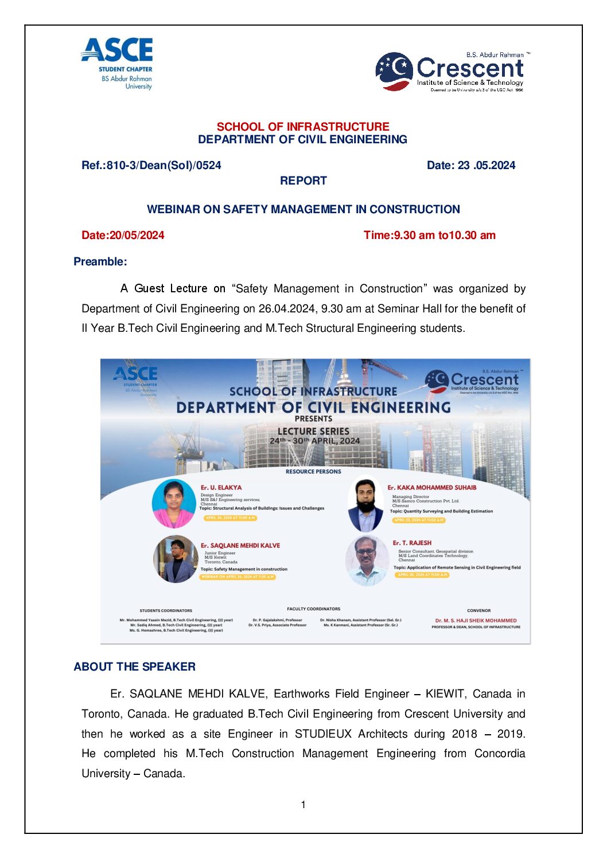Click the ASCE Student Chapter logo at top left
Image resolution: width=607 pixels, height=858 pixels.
tap(118, 63)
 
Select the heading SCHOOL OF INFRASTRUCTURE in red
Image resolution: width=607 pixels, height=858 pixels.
tap(303, 127)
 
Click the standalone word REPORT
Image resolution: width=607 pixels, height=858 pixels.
tap(303, 181)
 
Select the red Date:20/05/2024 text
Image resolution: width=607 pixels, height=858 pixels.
tap(123, 235)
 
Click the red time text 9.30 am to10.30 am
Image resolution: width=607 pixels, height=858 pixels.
tap(444, 235)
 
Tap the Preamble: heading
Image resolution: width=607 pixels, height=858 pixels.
tap(100, 262)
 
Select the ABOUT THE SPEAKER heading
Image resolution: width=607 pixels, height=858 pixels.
tap(134, 667)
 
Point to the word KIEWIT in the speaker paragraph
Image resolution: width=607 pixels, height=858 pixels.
tap(445, 694)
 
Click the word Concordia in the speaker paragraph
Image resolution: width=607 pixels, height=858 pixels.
tap(499, 754)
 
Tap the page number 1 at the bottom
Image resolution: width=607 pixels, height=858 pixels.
tap(303, 805)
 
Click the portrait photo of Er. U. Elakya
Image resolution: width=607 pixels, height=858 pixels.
tap(173, 503)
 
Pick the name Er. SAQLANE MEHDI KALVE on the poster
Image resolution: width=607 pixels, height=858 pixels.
tap(240, 546)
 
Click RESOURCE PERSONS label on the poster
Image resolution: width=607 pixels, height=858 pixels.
tap(313, 472)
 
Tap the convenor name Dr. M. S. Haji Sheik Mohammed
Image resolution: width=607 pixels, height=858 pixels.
tap(476, 621)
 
